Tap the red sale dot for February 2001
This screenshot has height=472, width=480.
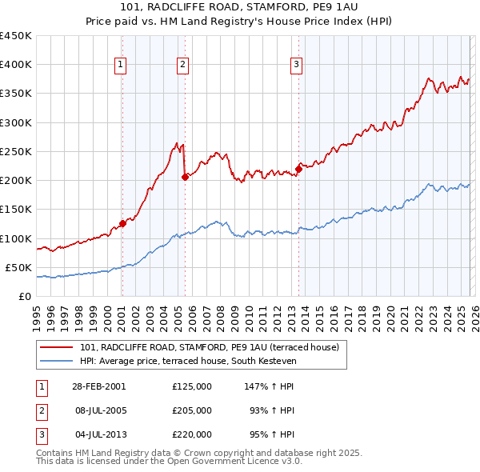pos(122,223)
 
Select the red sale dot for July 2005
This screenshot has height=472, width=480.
pos(185,178)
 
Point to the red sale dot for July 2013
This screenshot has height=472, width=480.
pos(298,169)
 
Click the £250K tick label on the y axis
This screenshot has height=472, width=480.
pos(15,151)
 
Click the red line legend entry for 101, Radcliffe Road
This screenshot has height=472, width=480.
pos(210,347)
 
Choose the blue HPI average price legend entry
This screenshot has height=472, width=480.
pos(188,362)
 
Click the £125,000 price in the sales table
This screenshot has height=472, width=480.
pos(191,386)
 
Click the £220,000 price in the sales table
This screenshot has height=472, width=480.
pos(191,434)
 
